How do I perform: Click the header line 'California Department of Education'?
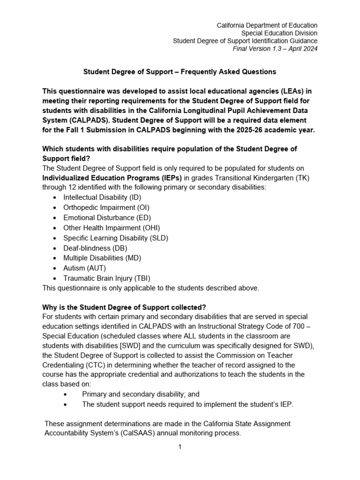[x=266, y=25]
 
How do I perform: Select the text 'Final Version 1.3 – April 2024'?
[x=275, y=49]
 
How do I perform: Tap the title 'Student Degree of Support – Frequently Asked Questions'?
[x=180, y=72]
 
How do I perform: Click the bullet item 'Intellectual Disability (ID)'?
[x=102, y=197]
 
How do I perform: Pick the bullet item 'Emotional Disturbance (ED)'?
[x=107, y=217]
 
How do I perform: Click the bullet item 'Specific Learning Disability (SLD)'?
[x=116, y=238]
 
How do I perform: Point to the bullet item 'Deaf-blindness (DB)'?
[x=95, y=248]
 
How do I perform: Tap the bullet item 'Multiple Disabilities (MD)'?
[x=102, y=258]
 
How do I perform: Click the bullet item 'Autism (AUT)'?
[x=84, y=268]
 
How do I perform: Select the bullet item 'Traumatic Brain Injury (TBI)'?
[x=107, y=278]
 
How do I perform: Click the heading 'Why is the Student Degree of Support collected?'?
[x=124, y=307]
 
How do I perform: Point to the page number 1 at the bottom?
[x=180, y=447]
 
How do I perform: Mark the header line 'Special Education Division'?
[x=279, y=33]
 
